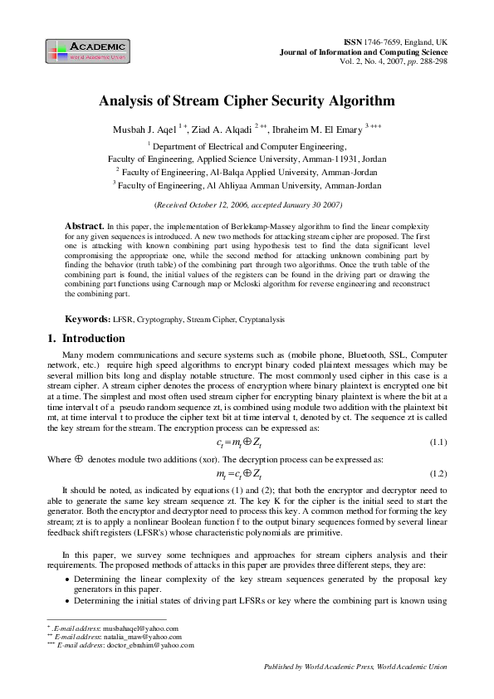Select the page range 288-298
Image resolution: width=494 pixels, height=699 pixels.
429,61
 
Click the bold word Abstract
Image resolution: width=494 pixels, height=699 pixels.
83,226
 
